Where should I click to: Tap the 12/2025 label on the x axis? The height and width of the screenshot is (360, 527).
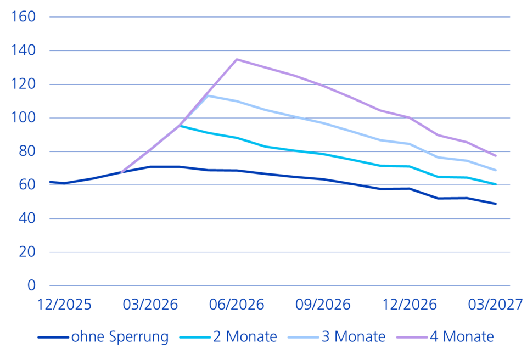64,305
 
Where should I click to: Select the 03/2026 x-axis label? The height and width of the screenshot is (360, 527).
150,305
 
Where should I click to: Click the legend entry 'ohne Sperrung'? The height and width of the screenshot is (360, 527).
120,336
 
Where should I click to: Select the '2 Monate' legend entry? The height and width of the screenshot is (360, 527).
245,336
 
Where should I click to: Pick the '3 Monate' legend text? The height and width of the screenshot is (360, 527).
354,336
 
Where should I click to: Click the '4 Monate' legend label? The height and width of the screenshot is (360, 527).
462,336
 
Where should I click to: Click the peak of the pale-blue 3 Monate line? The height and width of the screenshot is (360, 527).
208,95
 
